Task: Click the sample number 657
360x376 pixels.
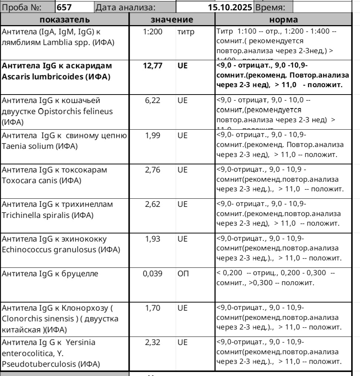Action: point(64,7)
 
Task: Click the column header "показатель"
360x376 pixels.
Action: point(65,20)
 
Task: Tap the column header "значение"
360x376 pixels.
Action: point(172,20)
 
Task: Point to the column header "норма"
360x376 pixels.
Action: point(284,20)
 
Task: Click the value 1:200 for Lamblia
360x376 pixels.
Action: point(153,32)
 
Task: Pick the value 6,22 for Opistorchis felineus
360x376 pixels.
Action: point(153,100)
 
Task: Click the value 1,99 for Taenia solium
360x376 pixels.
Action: point(153,136)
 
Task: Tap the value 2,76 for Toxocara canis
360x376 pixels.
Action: point(153,170)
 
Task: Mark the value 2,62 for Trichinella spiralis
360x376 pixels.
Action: point(153,204)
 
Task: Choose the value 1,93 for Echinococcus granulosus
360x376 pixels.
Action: point(153,239)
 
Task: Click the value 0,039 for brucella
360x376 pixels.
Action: point(153,274)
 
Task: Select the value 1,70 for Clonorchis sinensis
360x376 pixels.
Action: point(153,308)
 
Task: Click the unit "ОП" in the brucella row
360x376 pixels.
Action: point(183,274)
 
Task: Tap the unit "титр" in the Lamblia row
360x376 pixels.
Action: point(185,32)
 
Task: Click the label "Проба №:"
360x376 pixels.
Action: point(22,7)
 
